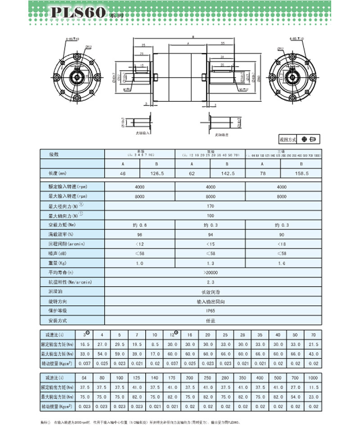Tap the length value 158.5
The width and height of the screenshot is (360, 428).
point(301,173)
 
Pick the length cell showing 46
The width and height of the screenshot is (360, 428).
point(122,173)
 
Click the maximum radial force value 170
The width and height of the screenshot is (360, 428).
point(210,206)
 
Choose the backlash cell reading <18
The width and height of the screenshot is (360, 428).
point(282,244)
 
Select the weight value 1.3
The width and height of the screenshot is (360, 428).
point(210,263)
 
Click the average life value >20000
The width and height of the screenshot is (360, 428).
point(210,272)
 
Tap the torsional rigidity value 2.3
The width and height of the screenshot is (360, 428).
point(210,282)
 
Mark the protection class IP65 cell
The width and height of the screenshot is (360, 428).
point(210,310)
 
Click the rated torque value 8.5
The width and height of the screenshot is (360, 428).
point(155,344)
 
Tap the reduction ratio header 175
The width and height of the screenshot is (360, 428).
point(172,377)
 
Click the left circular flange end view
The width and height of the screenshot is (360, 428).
point(77,77)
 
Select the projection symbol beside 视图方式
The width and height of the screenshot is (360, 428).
point(309,140)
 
